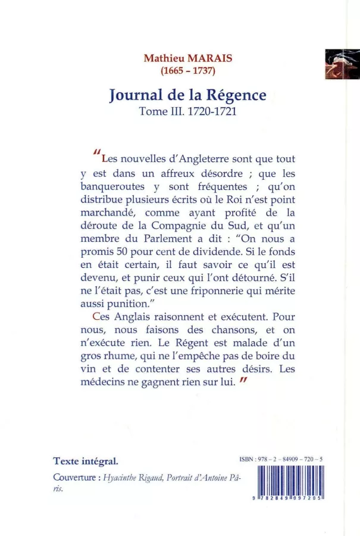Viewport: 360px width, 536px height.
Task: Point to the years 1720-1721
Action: pyautogui.click(x=212, y=111)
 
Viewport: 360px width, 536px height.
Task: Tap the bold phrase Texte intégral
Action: pyautogui.click(x=86, y=461)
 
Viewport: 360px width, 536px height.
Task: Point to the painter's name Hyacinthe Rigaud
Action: pyautogui.click(x=130, y=478)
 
